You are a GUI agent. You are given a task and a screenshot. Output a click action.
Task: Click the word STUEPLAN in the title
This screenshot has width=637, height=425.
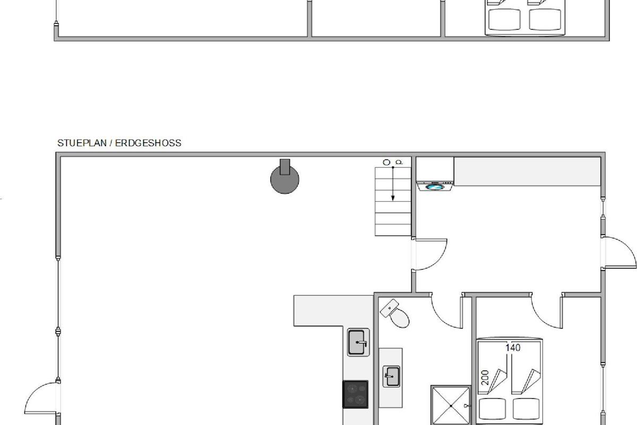coord(82,143)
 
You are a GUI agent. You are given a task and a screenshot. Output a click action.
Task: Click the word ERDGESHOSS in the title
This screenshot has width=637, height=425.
coord(148,143)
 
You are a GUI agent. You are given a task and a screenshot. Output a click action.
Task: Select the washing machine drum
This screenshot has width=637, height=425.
coord(435,187)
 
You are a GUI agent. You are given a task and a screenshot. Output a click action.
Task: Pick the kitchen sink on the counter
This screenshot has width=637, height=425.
coord(358,342)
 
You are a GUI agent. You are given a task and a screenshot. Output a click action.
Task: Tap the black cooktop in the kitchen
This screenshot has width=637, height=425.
coord(356,394)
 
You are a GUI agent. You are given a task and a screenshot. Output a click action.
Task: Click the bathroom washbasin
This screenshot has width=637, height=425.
coord(392,376)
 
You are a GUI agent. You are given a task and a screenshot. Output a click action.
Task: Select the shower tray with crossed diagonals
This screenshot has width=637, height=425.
coord(451,405)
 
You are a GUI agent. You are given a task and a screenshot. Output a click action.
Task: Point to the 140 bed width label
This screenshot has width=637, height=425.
coord(513,347)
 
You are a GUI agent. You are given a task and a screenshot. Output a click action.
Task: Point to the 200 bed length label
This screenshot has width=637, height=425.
coord(485,378)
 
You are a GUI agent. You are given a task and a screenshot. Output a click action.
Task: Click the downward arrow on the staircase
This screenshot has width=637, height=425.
coord(393,184)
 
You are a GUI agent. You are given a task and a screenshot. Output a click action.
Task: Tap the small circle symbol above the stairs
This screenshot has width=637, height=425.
coord(386,162)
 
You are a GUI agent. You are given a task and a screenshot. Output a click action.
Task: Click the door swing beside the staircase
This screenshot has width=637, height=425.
coord(437,260)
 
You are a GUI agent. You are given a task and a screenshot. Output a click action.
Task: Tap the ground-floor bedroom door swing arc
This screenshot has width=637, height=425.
coord(543,319)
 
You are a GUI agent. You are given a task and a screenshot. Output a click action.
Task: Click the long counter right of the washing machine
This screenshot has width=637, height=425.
coord(527,172)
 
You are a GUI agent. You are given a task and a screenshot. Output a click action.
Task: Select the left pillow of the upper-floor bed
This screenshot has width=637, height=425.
coord(504,19)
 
